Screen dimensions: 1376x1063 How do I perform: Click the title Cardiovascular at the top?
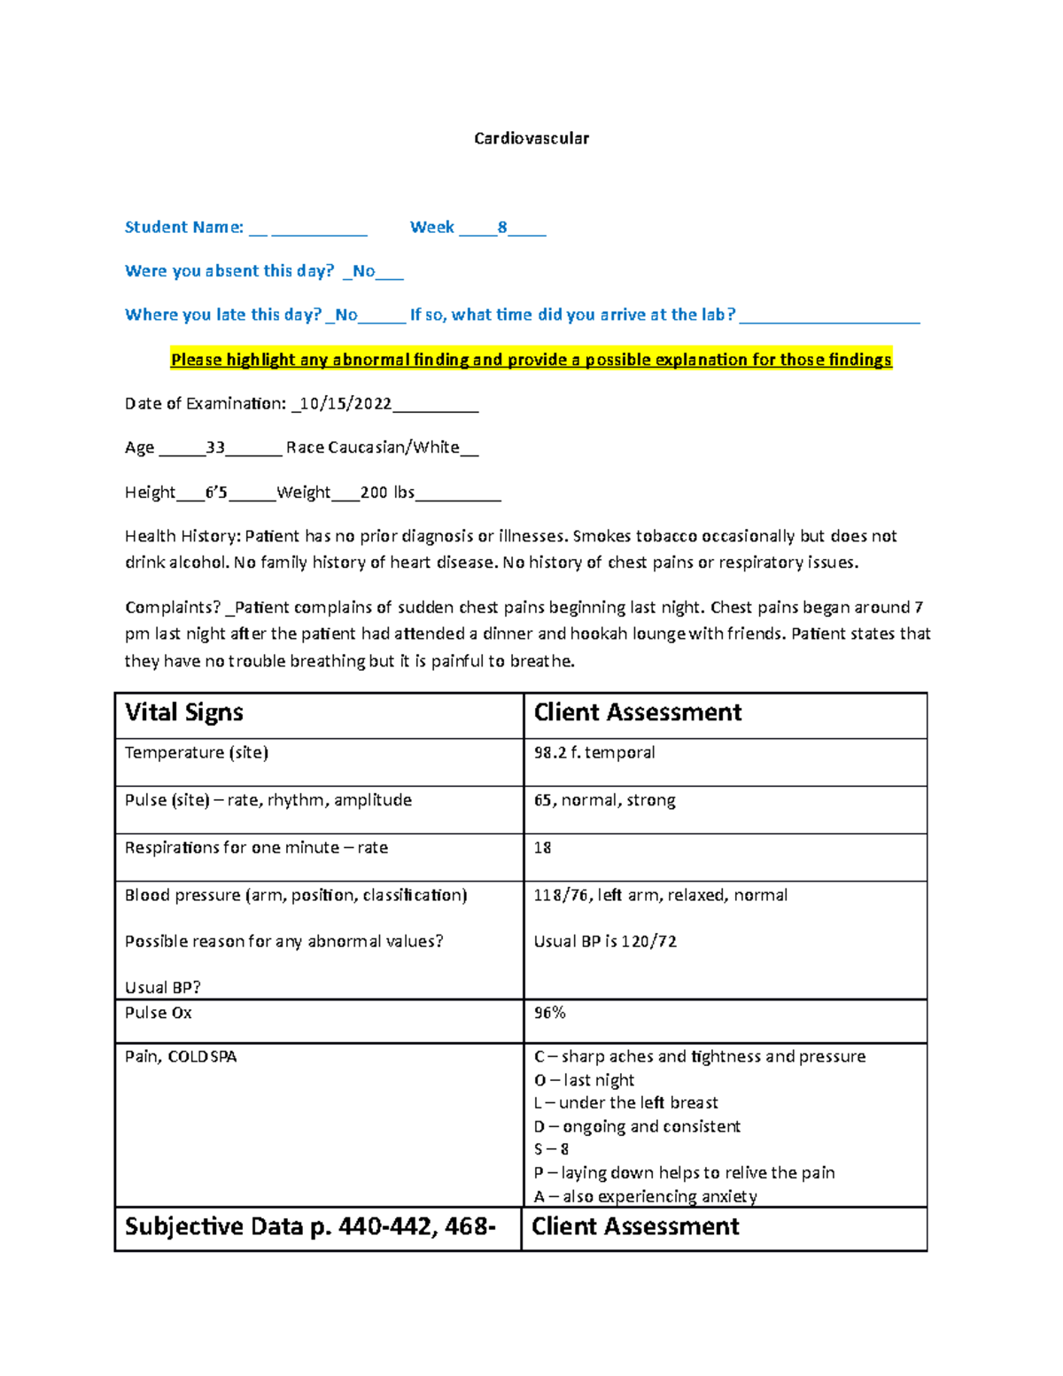pyautogui.click(x=531, y=138)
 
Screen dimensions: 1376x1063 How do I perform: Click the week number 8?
pyautogui.click(x=502, y=227)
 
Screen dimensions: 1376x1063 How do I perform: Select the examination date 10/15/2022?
pyautogui.click(x=345, y=404)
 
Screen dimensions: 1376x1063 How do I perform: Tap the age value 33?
pyautogui.click(x=215, y=447)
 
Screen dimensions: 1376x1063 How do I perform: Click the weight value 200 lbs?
pyautogui.click(x=387, y=492)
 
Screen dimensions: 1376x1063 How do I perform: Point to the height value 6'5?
pyautogui.click(x=216, y=492)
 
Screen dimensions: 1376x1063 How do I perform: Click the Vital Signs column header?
pyautogui.click(x=184, y=712)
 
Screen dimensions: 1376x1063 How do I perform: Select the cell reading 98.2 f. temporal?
pyautogui.click(x=594, y=752)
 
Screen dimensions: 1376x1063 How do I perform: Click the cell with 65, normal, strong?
pyautogui.click(x=604, y=800)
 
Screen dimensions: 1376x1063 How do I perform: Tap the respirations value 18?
pyautogui.click(x=542, y=848)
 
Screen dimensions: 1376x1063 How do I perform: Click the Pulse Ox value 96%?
pyautogui.click(x=549, y=1013)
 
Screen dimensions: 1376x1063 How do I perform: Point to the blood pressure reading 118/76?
pyautogui.click(x=561, y=895)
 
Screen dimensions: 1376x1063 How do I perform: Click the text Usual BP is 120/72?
pyautogui.click(x=605, y=941)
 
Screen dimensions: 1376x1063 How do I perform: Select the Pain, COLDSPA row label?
pyautogui.click(x=181, y=1056)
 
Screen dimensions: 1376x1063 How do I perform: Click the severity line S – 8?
pyautogui.click(x=551, y=1149)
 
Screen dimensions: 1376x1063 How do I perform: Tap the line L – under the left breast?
pyautogui.click(x=625, y=1103)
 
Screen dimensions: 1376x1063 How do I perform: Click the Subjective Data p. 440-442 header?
pyautogui.click(x=310, y=1226)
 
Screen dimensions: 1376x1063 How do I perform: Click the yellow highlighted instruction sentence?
pyautogui.click(x=531, y=360)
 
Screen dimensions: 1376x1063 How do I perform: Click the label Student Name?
pyautogui.click(x=183, y=227)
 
